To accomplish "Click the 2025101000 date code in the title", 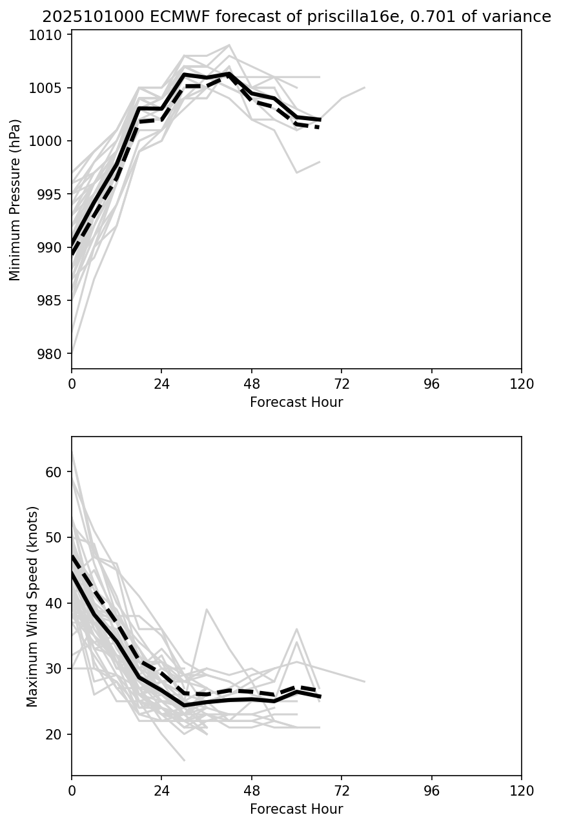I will (x=85, y=17).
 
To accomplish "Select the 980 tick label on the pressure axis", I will (x=55, y=354).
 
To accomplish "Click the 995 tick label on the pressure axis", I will (x=55, y=194).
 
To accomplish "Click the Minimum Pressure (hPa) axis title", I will (x=15, y=200).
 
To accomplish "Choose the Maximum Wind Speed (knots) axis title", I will (x=33, y=606).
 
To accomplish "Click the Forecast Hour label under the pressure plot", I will (x=296, y=402).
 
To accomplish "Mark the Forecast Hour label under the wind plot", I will (x=296, y=809).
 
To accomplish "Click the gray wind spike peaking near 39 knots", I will (x=207, y=610).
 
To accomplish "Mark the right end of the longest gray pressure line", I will (x=364, y=88).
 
